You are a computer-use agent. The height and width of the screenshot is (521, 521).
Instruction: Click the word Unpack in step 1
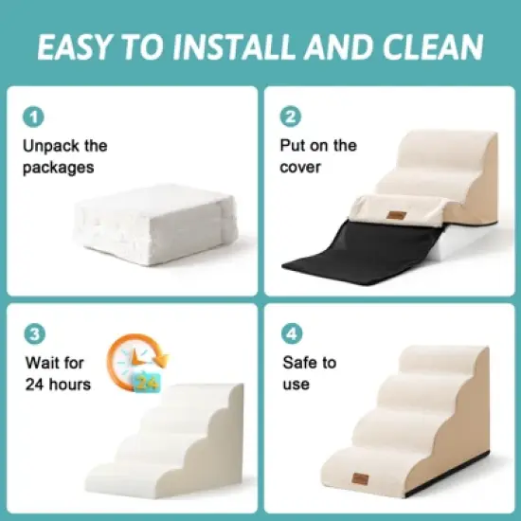tap(51, 146)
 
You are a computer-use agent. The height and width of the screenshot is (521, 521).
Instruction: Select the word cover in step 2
tap(301, 168)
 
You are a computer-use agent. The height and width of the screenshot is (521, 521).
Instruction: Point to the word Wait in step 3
tap(41, 362)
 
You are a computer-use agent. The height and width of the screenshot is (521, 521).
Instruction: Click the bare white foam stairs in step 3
tap(171, 436)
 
